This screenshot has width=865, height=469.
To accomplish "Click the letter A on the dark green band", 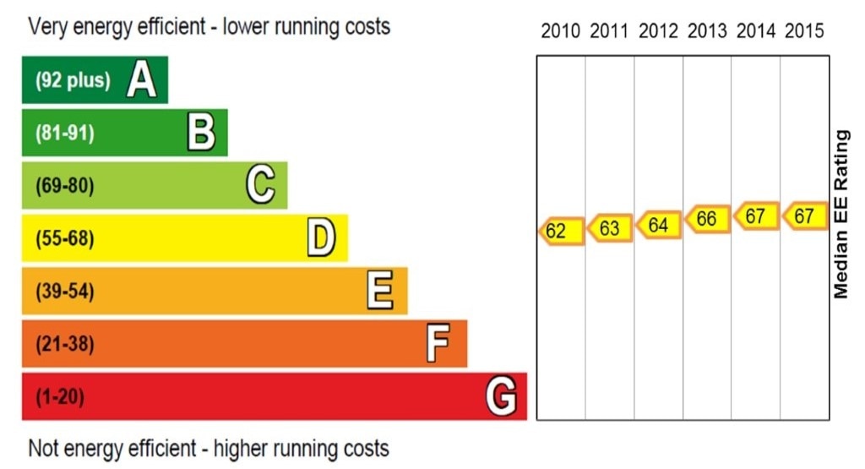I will (142, 80).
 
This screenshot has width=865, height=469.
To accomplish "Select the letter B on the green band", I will (201, 133).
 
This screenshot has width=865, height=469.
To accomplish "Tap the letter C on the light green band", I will (260, 186).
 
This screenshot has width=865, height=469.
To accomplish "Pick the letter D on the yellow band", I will (321, 238).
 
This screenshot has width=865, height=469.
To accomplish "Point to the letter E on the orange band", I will (380, 292).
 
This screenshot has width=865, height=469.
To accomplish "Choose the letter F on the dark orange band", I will (438, 344).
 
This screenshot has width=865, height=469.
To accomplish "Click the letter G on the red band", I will (502, 396).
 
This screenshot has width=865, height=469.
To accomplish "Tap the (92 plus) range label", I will (73, 81).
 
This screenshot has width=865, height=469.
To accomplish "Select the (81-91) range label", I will (65, 134).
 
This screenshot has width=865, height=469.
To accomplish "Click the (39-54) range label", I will (65, 292).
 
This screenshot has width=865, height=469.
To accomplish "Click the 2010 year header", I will (561, 32).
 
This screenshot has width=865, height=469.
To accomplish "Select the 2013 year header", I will (707, 32).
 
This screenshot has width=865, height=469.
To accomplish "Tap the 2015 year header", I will (804, 32).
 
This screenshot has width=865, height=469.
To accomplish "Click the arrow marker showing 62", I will (560, 231).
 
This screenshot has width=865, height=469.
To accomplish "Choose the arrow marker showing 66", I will (706, 220).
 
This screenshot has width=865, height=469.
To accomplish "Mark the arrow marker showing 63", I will (609, 228).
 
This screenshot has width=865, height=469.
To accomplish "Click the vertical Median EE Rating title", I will (841, 215).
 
